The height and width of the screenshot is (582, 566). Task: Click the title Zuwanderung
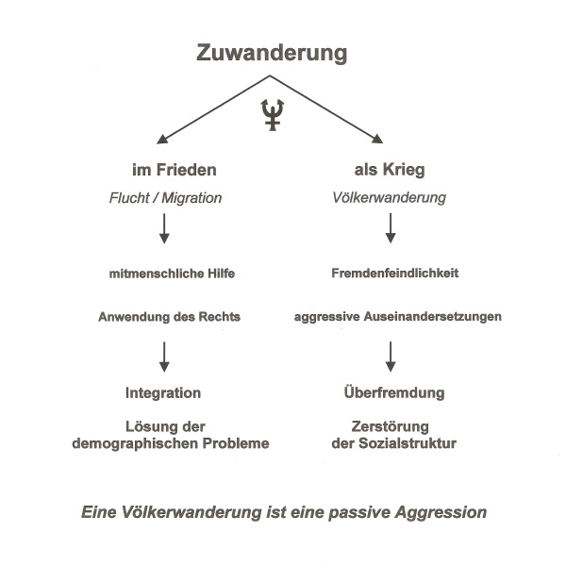click(272, 53)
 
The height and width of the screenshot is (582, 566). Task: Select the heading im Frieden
click(175, 171)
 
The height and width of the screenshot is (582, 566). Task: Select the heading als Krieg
click(389, 171)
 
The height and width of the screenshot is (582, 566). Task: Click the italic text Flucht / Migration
click(167, 199)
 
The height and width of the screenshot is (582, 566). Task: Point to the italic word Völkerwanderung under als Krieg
click(390, 199)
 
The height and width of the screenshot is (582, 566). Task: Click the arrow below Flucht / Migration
click(165, 229)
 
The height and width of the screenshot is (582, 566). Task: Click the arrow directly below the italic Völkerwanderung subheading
click(391, 229)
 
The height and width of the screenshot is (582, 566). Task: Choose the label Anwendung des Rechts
click(169, 317)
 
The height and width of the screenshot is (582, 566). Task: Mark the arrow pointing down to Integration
click(165, 355)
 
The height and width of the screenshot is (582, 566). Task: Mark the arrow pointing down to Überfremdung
click(391, 355)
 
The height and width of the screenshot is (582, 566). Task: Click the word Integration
click(163, 392)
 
